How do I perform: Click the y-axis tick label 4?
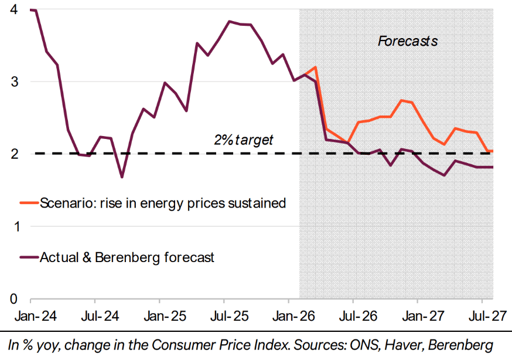(x=12, y=10)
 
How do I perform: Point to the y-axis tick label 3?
(x=12, y=81)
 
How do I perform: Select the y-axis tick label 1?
(x=12, y=226)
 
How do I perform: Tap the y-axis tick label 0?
(x=12, y=299)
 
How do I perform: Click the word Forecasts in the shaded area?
(x=408, y=41)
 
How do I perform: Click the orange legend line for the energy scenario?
(x=29, y=203)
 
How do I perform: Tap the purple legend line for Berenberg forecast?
(x=29, y=257)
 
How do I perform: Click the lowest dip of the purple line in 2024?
(x=122, y=176)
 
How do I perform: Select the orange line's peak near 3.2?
(x=315, y=67)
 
